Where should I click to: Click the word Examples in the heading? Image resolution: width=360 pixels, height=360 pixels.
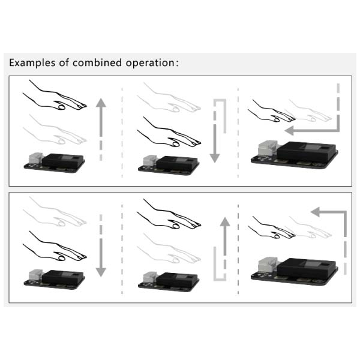(x=31, y=63)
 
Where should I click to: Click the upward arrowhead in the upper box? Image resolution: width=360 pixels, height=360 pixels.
(x=101, y=103)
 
